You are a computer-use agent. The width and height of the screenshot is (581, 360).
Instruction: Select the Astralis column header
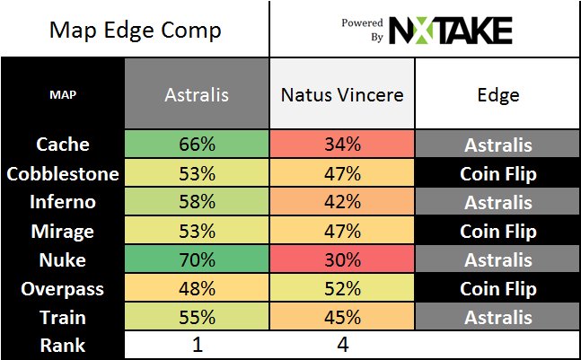[197, 92]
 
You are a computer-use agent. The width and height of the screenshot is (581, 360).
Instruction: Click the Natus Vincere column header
[341, 92]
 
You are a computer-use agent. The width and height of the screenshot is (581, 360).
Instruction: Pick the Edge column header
[497, 92]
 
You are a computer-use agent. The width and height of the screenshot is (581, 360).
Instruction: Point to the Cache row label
[63, 144]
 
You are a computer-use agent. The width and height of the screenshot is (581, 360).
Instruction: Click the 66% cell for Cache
[197, 144]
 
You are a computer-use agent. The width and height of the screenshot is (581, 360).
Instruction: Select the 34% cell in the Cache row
[341, 144]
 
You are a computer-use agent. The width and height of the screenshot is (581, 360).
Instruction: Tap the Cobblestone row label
[63, 172]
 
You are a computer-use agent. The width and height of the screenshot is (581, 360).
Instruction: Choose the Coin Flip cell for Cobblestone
[497, 172]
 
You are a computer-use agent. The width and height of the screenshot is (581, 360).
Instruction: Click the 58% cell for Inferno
[197, 201]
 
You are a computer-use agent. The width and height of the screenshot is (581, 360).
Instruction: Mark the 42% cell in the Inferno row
[341, 201]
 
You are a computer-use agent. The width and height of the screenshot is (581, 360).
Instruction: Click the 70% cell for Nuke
[197, 259]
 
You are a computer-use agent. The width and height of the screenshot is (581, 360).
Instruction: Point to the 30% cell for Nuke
[341, 259]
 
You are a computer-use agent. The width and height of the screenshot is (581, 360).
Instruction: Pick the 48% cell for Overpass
[197, 288]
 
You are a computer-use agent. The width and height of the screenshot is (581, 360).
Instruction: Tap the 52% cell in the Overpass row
[341, 288]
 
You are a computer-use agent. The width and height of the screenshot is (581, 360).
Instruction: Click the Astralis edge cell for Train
[497, 317]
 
